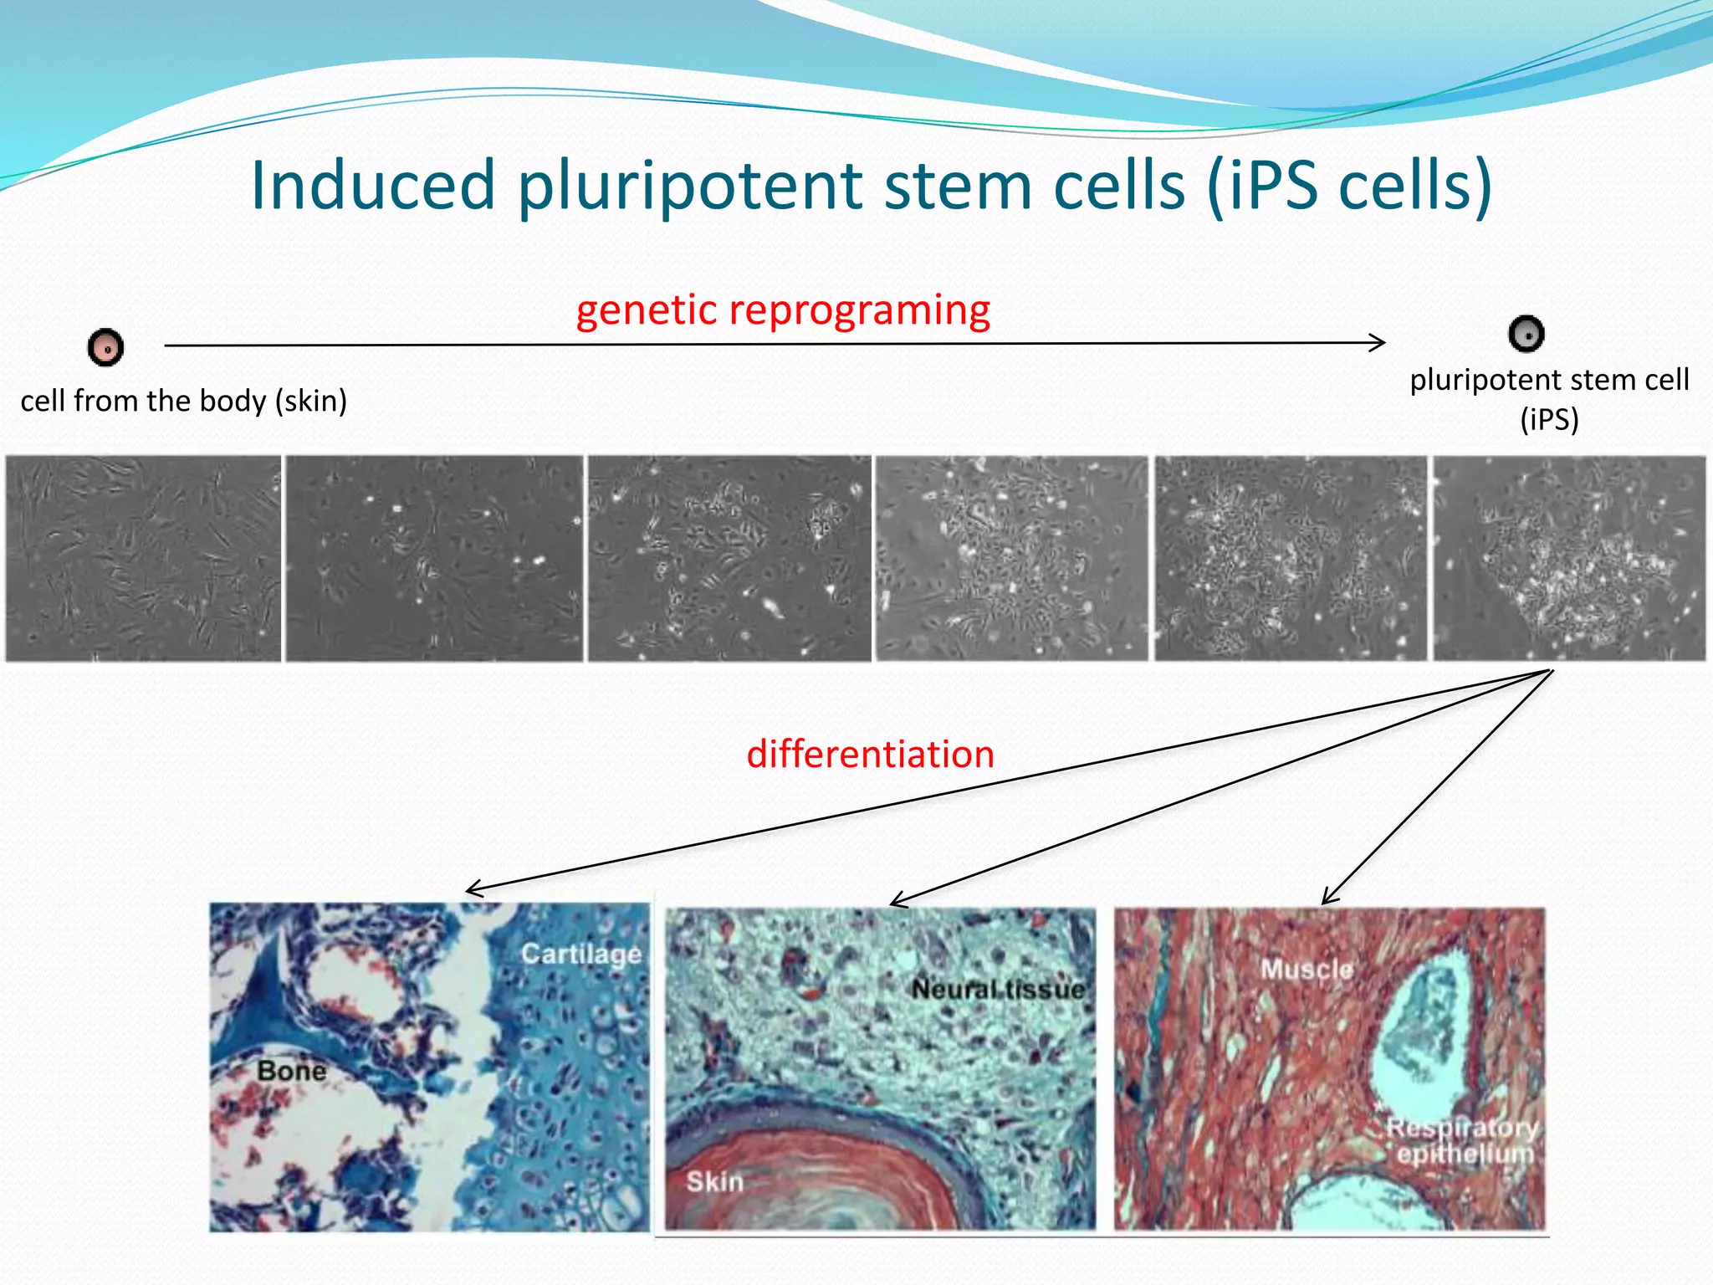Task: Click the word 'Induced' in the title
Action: (373, 185)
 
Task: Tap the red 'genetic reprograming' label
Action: (783, 310)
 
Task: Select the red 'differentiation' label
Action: (870, 755)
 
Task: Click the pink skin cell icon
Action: (106, 347)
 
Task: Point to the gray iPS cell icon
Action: (1526, 334)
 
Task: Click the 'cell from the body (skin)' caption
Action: (184, 402)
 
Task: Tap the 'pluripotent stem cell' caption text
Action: (1549, 381)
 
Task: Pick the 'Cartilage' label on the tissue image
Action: (580, 954)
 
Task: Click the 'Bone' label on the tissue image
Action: (291, 1071)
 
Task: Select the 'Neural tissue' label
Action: (997, 990)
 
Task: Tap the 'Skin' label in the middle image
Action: (714, 1182)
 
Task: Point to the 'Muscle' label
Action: (1306, 970)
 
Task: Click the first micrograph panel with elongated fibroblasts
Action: (144, 559)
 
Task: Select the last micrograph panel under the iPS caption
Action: (1569, 559)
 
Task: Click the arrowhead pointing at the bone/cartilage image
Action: (472, 889)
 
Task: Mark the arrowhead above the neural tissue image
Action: (896, 902)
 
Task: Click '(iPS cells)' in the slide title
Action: (1349, 185)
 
